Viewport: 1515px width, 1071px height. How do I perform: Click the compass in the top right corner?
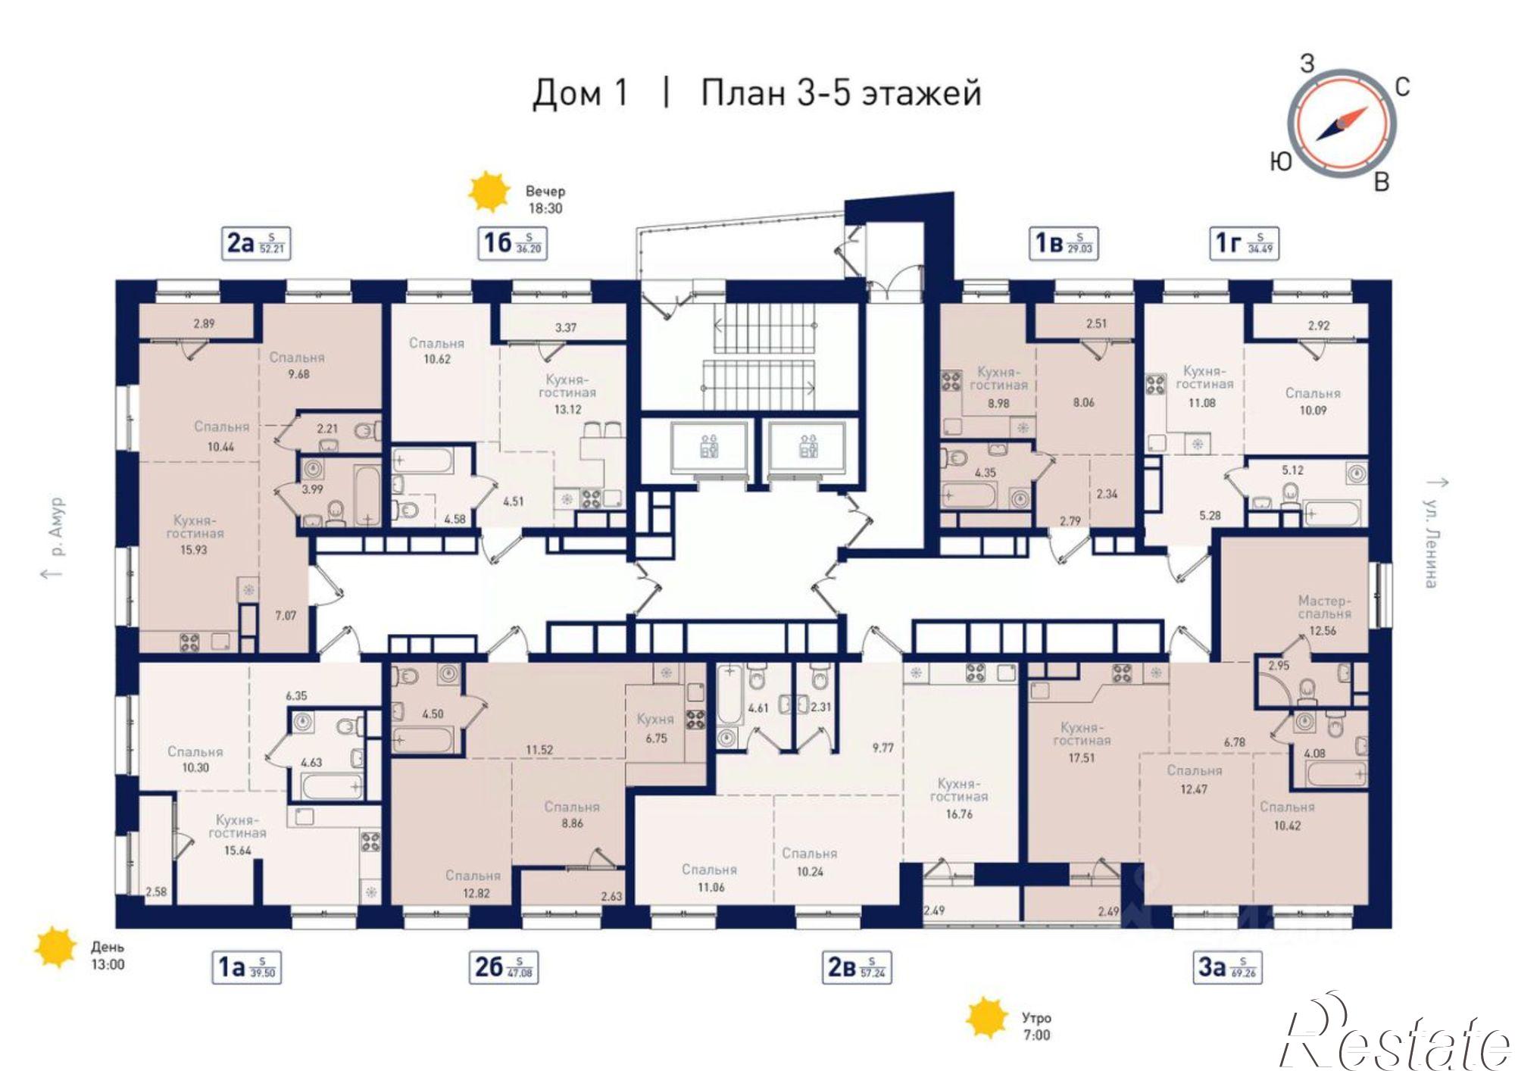pyautogui.click(x=1342, y=123)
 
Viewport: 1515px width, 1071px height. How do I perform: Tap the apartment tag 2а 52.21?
pyautogui.click(x=256, y=243)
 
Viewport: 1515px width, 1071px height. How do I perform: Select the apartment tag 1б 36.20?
pyautogui.click(x=512, y=243)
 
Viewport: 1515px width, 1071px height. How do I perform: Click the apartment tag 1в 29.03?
pyautogui.click(x=1063, y=243)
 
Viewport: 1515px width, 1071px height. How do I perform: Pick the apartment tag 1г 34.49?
pyautogui.click(x=1243, y=243)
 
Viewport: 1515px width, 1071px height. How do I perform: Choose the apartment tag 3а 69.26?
pyautogui.click(x=1228, y=967)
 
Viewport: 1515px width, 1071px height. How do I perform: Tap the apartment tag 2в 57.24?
pyautogui.click(x=857, y=967)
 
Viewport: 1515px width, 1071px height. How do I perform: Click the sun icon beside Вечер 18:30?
pyautogui.click(x=487, y=192)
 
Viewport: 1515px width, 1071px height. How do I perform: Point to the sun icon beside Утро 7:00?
pyautogui.click(x=987, y=1017)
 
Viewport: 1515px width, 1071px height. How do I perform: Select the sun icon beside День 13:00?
pyautogui.click(x=56, y=947)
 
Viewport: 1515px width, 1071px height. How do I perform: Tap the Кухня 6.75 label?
pyautogui.click(x=655, y=727)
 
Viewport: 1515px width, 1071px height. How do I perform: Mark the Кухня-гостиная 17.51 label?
pyautogui.click(x=1081, y=742)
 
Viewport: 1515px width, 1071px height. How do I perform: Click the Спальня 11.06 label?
pyautogui.click(x=709, y=878)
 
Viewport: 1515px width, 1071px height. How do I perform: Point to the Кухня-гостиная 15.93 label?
pyautogui.click(x=194, y=535)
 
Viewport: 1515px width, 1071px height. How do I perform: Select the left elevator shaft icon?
pyautogui.click(x=709, y=448)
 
